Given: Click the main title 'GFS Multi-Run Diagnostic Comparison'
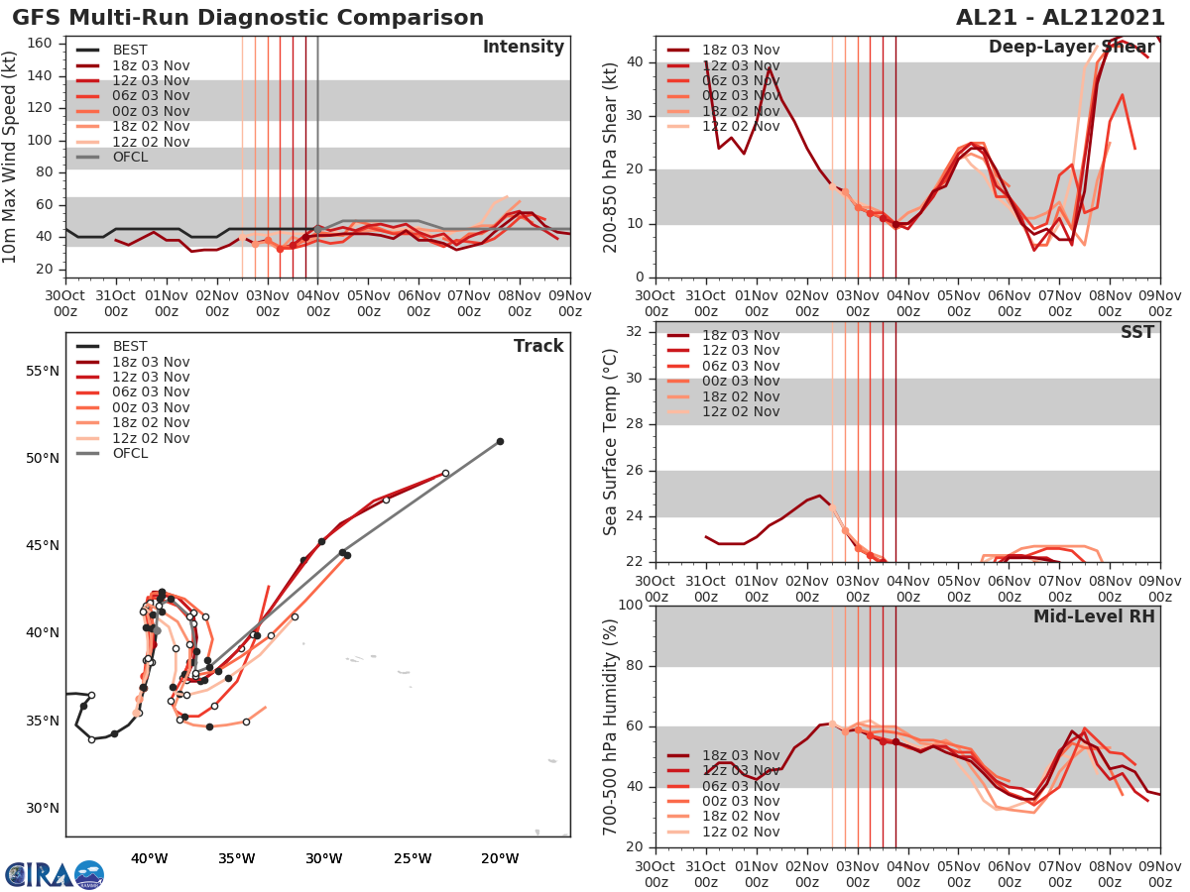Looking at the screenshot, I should click(248, 18).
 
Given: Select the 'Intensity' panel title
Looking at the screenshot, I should click(523, 48).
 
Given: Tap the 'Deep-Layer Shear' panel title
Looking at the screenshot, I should click(1071, 48).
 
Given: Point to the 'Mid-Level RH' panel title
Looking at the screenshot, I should click(1094, 616).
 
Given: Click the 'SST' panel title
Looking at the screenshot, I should click(1136, 332).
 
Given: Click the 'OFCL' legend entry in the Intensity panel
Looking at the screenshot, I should click(130, 157).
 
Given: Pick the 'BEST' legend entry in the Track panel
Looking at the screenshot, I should click(130, 346).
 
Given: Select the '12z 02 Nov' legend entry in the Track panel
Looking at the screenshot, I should click(151, 438).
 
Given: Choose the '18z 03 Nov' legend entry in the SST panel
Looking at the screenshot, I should click(740, 335).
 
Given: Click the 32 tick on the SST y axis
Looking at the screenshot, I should click(632, 331).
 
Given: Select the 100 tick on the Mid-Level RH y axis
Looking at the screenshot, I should click(627, 606).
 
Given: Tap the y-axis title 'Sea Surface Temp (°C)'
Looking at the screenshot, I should click(610, 442).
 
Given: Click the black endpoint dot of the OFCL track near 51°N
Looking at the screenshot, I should click(500, 441).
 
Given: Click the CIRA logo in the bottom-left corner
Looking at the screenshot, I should click(54, 874).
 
